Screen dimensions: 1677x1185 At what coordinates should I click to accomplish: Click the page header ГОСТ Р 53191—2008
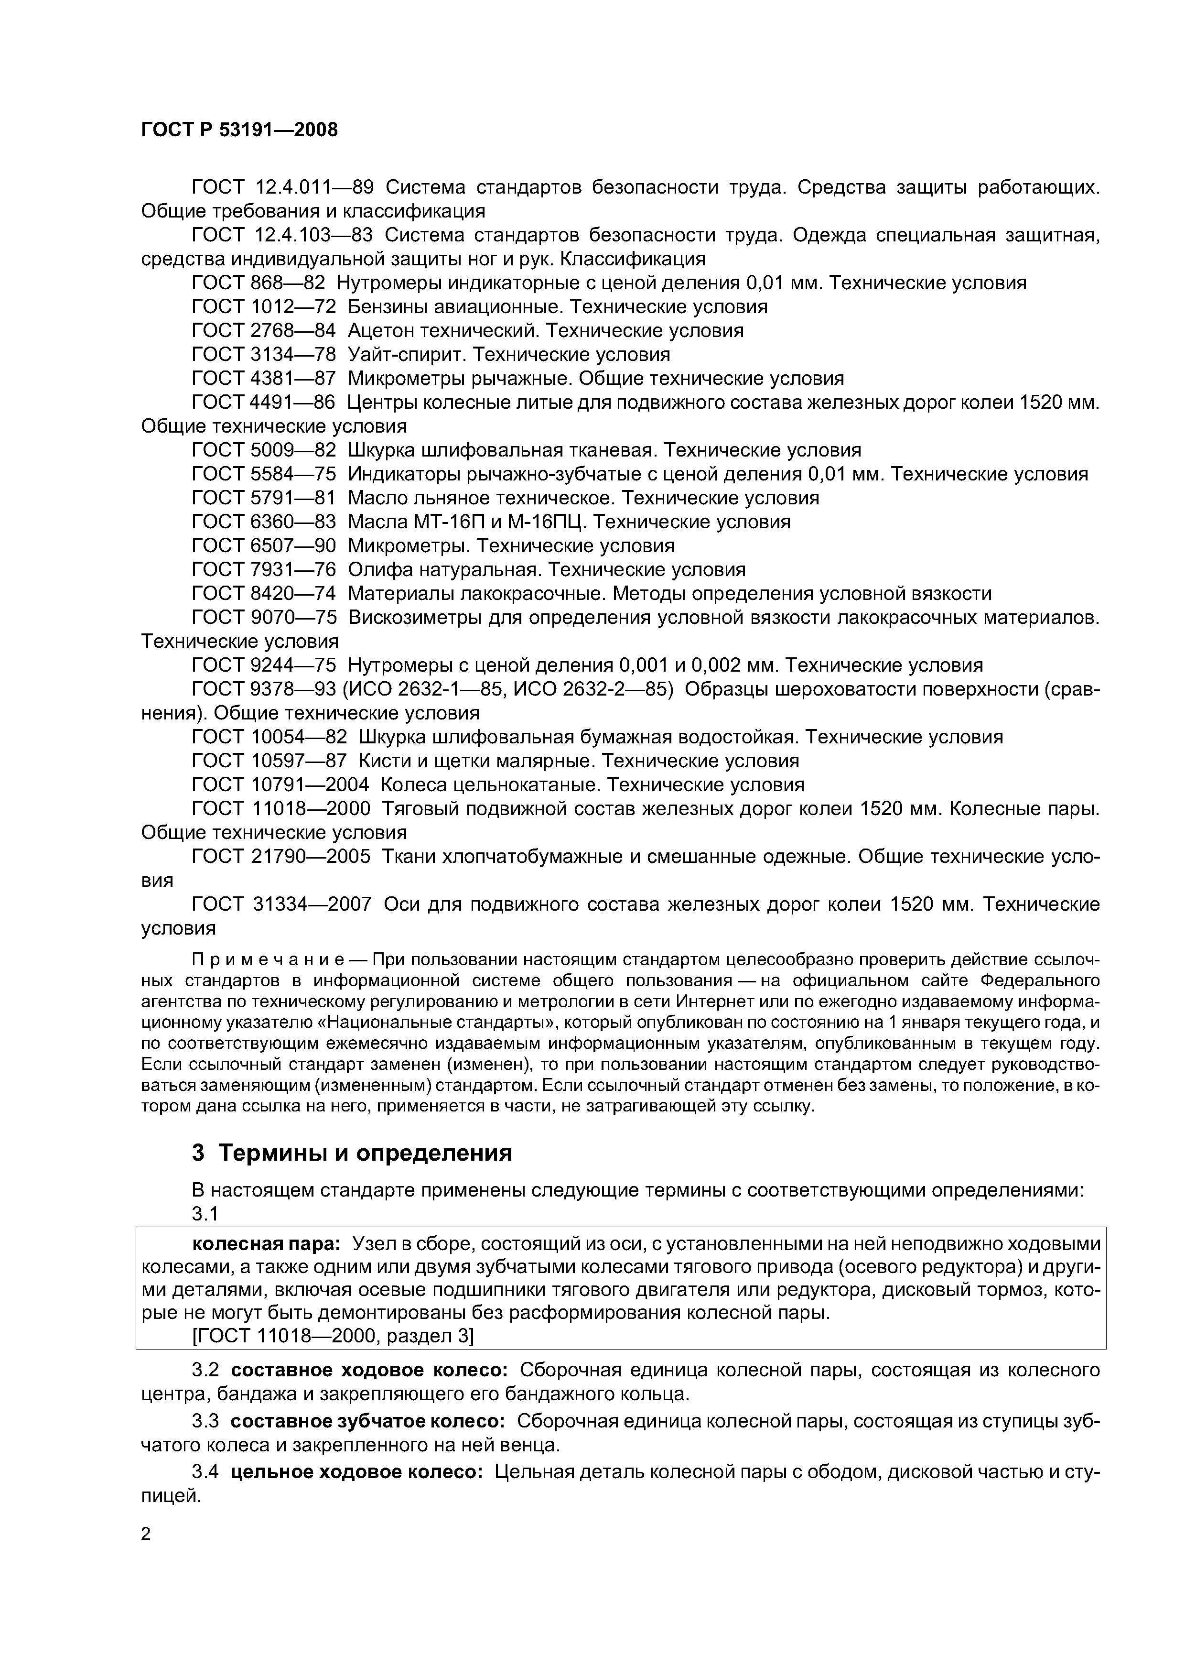pos(239,130)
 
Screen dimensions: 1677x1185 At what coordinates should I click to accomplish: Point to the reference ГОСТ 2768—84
pos(264,330)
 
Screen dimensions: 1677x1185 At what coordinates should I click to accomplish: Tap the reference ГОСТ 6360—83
pos(264,522)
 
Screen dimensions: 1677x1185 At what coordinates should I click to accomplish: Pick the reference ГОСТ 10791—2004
pos(280,784)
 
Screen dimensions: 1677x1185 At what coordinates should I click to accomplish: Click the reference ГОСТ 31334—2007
pos(281,904)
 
